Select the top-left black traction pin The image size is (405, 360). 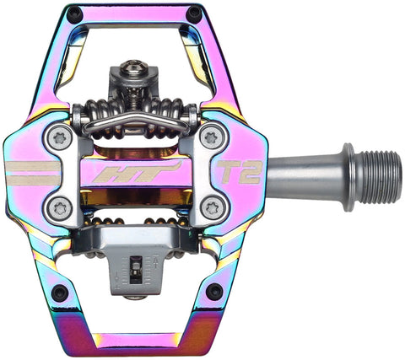tap(75, 13)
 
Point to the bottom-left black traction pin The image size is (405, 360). tap(59, 293)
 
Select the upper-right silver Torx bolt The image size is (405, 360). tap(211, 136)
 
